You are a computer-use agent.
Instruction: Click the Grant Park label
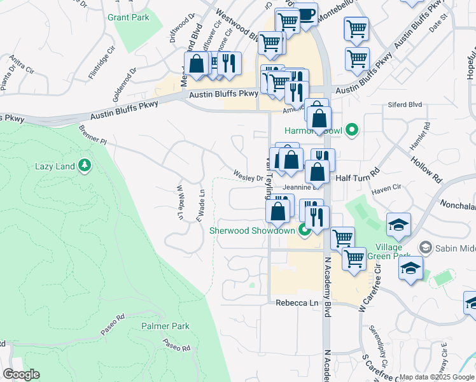[129, 17]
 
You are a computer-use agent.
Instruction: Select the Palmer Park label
[165, 326]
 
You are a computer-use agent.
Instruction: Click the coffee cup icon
[306, 14]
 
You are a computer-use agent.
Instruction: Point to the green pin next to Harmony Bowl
[351, 132]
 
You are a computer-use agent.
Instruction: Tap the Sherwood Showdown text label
[252, 230]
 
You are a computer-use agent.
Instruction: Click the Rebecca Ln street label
[297, 304]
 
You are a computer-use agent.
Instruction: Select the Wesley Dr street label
[248, 174]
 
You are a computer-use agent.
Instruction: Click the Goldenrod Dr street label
[125, 85]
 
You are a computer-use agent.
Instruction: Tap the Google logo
[21, 374]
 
